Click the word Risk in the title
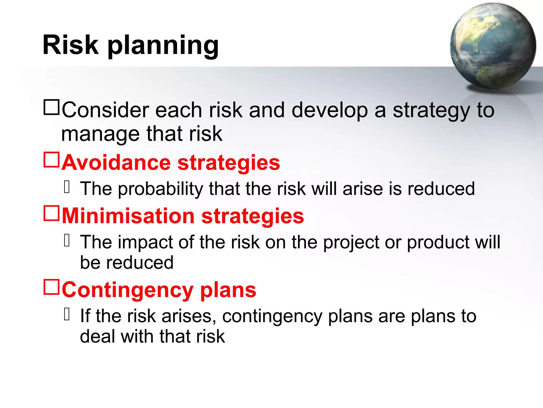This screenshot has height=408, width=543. [70, 45]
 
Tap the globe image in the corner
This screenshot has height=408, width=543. [493, 46]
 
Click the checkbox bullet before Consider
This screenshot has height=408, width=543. [51, 108]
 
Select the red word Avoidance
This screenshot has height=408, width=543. [116, 163]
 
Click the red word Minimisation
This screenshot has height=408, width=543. [128, 216]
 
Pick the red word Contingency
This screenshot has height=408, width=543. [128, 290]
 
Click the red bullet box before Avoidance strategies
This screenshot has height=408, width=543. [51, 160]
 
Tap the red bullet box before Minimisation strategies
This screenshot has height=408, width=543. [51, 213]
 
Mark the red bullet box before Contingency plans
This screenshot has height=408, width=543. [51, 287]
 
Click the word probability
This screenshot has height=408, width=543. [160, 189]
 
